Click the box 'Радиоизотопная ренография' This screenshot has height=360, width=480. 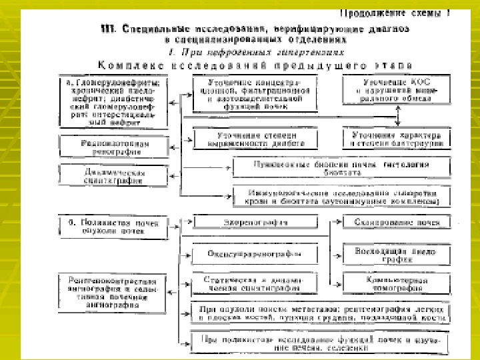pyautogui.click(x=114, y=147)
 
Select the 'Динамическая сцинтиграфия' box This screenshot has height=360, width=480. pyautogui.click(x=114, y=175)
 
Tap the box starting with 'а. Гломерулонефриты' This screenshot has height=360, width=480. pyautogui.click(x=114, y=104)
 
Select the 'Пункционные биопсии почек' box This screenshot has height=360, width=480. pyautogui.click(x=341, y=167)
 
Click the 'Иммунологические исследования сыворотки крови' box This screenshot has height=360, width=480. pyautogui.click(x=341, y=195)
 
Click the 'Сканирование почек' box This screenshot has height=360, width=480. pyautogui.click(x=397, y=222)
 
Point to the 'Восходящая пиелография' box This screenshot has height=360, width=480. pyautogui.click(x=397, y=254)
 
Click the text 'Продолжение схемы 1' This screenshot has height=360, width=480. pyautogui.click(x=400, y=13)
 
